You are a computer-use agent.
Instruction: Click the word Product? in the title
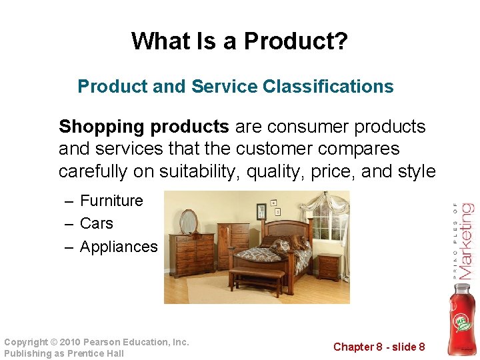(295, 41)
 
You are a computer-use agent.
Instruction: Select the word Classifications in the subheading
(328, 87)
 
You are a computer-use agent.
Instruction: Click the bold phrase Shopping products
(144, 127)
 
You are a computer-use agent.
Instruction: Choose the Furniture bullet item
(111, 201)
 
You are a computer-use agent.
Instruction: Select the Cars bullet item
(97, 223)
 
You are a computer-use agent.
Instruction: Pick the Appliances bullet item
(119, 247)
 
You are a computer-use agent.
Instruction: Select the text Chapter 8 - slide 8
(379, 347)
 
